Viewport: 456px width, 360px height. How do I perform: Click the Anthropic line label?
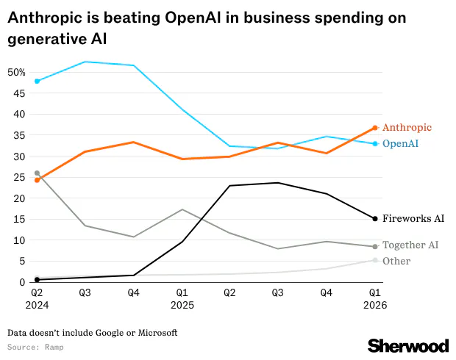click(407, 128)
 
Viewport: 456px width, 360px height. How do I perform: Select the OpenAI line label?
click(401, 143)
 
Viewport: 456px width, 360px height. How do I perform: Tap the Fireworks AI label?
click(413, 218)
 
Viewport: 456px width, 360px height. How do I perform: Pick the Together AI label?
click(410, 245)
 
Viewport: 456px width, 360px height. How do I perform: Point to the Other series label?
click(396, 261)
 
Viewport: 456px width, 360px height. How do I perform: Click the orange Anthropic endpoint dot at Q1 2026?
click(375, 128)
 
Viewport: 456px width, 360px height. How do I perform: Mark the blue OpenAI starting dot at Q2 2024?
click(38, 81)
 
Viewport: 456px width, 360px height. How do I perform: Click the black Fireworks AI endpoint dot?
click(375, 218)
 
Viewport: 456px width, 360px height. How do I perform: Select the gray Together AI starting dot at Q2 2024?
click(38, 173)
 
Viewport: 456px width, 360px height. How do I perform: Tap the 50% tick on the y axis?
click(16, 72)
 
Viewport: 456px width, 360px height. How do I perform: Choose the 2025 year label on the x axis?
click(182, 303)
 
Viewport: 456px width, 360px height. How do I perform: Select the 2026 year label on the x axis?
click(374, 303)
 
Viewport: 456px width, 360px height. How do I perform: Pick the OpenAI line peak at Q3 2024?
click(85, 62)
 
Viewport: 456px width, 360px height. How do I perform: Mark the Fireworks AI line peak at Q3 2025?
click(278, 183)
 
